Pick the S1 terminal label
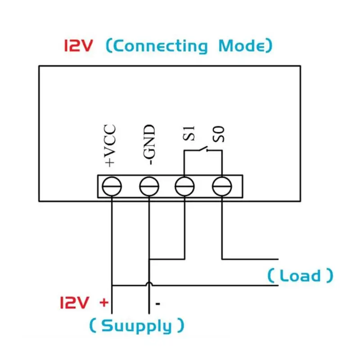tap(187, 134)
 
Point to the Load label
tap(300, 275)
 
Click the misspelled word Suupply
tap(136, 325)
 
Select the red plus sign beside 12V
tap(103, 302)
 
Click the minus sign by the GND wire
tap(158, 304)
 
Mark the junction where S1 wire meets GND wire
tap(149, 259)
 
